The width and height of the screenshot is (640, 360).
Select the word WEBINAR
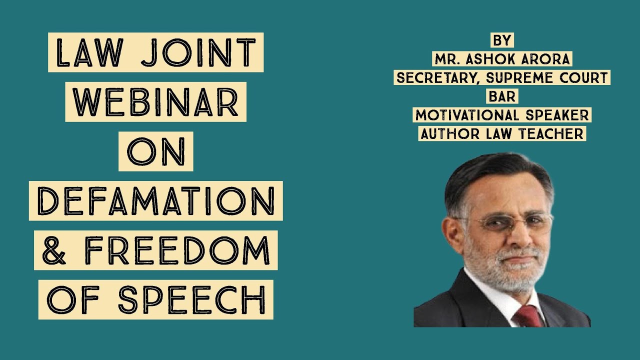155,101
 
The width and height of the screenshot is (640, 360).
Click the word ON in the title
155,151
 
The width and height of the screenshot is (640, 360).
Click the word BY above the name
502,40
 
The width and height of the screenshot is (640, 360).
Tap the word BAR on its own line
502,96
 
